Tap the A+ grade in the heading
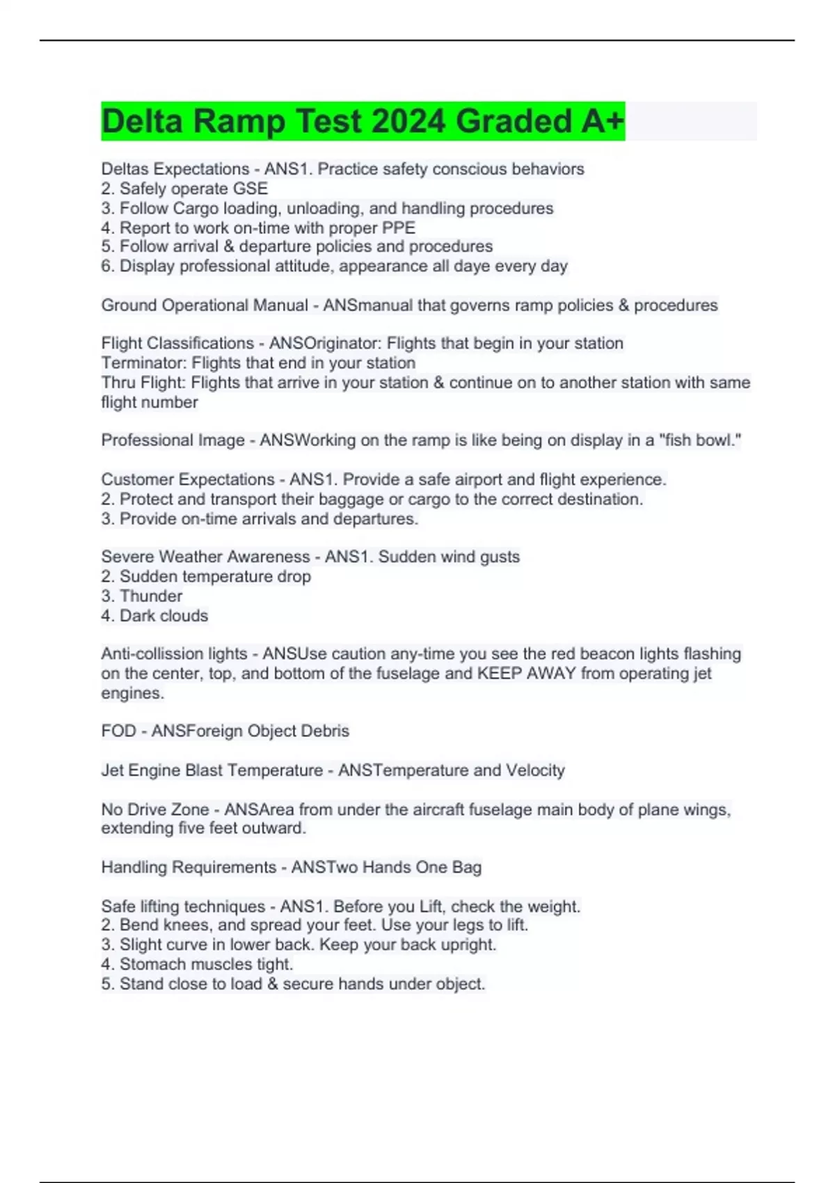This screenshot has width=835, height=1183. (x=603, y=121)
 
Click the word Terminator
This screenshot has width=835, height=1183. (x=143, y=363)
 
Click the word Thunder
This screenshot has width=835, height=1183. (x=151, y=596)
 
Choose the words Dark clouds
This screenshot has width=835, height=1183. (x=164, y=615)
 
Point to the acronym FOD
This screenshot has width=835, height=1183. (x=118, y=731)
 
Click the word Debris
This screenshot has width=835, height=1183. (x=325, y=731)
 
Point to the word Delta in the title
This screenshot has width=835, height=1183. (x=142, y=121)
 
